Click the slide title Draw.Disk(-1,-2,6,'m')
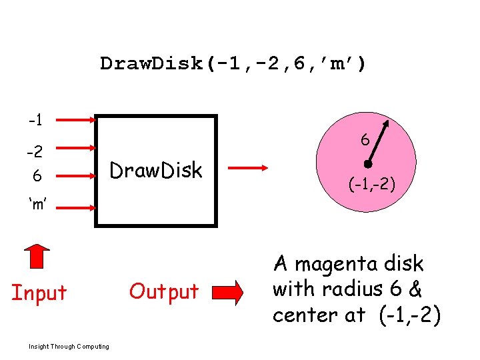point(233,64)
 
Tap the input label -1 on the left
point(35,121)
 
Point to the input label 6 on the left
point(37,177)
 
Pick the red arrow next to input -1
point(74,121)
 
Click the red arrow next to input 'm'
point(74,208)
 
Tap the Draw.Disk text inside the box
point(156,171)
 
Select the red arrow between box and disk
point(247,169)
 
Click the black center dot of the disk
point(367,165)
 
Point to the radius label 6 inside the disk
point(365,141)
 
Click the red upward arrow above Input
point(38,257)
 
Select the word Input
point(39,293)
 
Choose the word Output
point(164,291)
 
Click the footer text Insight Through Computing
point(69,346)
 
